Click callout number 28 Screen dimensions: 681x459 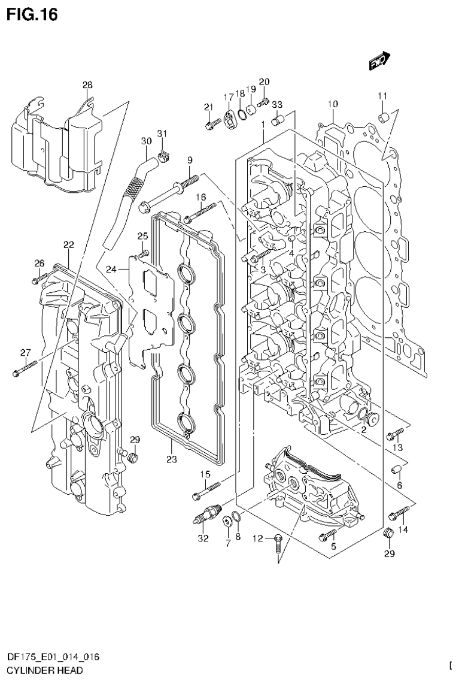click(x=87, y=86)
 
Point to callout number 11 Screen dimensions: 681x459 click(x=382, y=96)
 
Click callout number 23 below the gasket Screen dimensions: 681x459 click(x=171, y=460)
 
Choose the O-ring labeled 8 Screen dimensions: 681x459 click(x=237, y=517)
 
